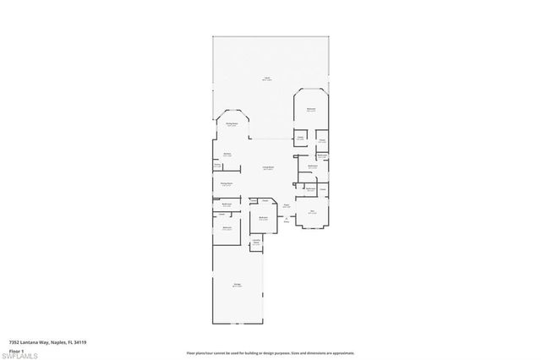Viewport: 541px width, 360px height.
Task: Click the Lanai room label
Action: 266,78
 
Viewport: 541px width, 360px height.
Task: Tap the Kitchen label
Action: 227,154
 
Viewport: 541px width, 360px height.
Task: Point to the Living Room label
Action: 266,167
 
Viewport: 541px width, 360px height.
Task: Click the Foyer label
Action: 287,205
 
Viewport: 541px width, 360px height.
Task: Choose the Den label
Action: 312,212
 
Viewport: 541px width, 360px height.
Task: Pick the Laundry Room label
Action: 255,242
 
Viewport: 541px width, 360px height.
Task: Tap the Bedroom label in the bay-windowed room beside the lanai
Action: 311,109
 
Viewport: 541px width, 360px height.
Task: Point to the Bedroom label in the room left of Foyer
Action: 263,217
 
